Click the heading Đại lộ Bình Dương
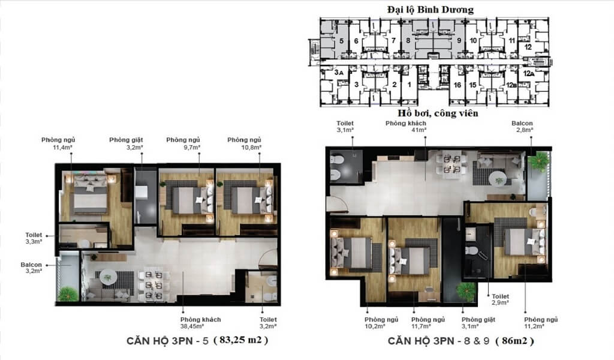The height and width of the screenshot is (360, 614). pyautogui.click(x=431, y=10)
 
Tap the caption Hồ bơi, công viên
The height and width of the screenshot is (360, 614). pyautogui.click(x=438, y=113)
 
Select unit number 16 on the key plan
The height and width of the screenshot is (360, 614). pyautogui.click(x=458, y=85)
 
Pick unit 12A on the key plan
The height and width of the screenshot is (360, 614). pyautogui.click(x=529, y=73)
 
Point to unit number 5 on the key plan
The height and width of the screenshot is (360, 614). pyautogui.click(x=341, y=41)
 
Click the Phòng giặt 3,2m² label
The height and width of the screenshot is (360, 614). pyautogui.click(x=126, y=143)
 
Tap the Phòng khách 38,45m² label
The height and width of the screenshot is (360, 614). pyautogui.click(x=200, y=323)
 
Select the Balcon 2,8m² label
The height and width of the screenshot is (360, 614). pyautogui.click(x=522, y=126)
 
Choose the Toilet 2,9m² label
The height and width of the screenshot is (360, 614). pyautogui.click(x=501, y=299)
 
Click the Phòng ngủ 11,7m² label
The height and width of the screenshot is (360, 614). pyautogui.click(x=428, y=323)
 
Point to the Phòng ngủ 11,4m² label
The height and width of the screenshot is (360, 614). pyautogui.click(x=58, y=143)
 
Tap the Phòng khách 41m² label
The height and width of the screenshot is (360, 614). pyautogui.click(x=406, y=126)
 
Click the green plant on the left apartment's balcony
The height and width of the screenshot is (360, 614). pyautogui.click(x=68, y=294)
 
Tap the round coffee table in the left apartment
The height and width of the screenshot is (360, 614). pyautogui.click(x=108, y=277)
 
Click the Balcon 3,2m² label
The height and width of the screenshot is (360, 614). pyautogui.click(x=31, y=268)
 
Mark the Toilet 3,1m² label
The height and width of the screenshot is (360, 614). pyautogui.click(x=345, y=126)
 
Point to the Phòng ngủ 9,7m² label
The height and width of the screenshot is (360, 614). pyautogui.click(x=183, y=143)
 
